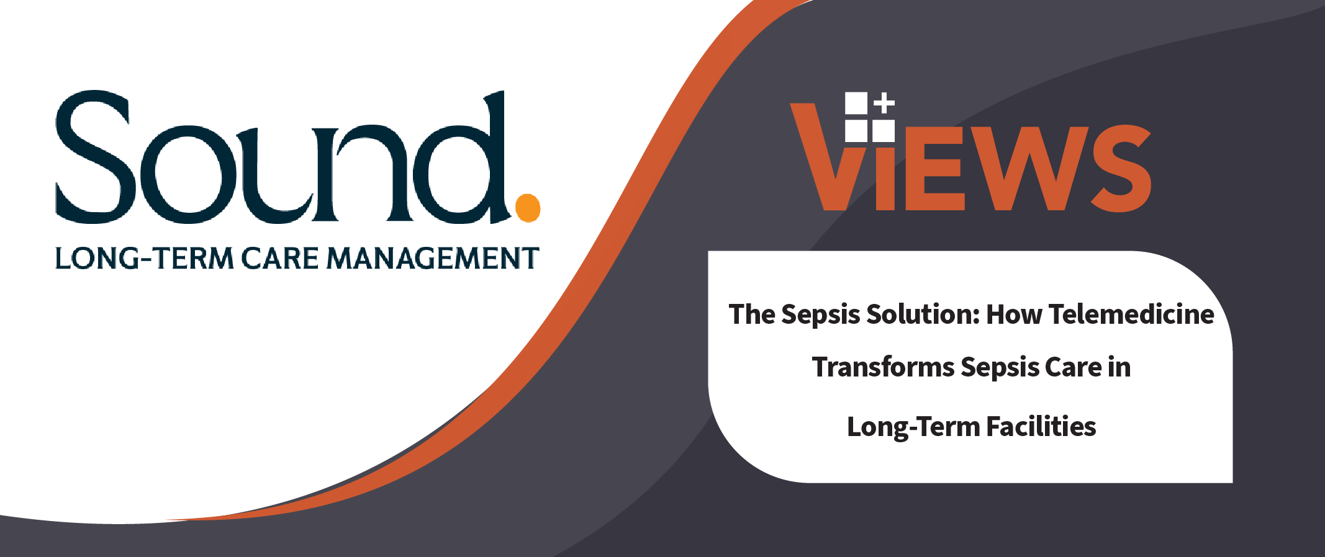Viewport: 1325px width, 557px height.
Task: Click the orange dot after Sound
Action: point(528,208)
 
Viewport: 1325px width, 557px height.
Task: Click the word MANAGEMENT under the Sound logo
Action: point(433,258)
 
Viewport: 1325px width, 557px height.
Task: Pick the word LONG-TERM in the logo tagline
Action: point(144,258)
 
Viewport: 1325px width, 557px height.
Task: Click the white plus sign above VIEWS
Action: point(884,103)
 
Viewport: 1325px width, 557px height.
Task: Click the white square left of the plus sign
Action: point(856,103)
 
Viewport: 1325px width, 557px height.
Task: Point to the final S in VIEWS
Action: point(1121,168)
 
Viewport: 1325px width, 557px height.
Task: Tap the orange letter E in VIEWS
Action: point(935,168)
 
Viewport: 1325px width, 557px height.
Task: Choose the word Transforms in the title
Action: point(883,367)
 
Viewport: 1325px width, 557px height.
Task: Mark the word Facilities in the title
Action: point(1041,427)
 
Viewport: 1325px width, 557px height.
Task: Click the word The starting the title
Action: point(752,314)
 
